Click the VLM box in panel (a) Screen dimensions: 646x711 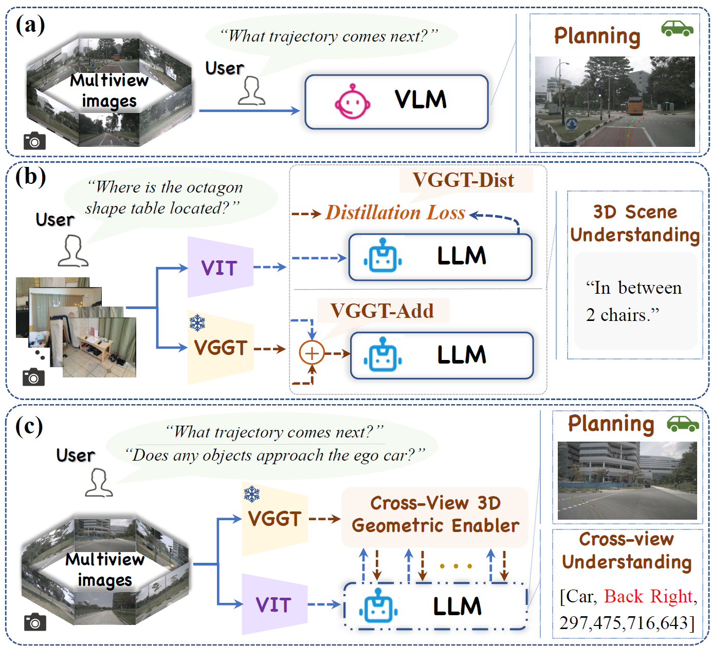(x=396, y=102)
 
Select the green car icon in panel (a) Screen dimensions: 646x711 (x=677, y=29)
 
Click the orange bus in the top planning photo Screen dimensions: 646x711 (x=634, y=106)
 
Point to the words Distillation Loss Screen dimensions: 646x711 (x=395, y=213)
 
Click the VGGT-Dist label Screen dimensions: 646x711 (x=463, y=180)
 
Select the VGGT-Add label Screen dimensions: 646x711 (x=382, y=311)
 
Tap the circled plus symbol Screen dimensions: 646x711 (x=312, y=353)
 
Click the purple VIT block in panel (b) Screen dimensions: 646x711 (x=220, y=267)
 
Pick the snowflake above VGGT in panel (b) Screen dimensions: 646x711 (x=197, y=323)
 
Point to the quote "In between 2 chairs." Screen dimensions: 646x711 (x=633, y=301)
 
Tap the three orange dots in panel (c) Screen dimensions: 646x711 (x=456, y=566)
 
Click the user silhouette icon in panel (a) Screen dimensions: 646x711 (x=251, y=91)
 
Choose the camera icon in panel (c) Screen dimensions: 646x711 (x=35, y=622)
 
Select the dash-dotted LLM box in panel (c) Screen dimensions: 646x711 (x=435, y=606)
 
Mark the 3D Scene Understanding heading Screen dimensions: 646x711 (x=634, y=223)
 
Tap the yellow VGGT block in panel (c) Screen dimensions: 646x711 (x=275, y=519)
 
